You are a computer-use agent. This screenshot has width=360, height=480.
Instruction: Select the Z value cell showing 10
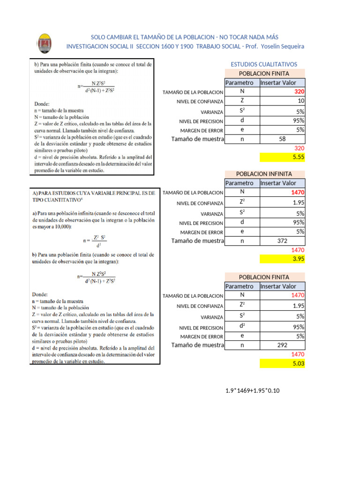click(x=300, y=101)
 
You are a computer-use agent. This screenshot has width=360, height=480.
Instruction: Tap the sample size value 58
click(x=282, y=139)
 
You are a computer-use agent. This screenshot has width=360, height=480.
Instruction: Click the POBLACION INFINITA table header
click(x=264, y=174)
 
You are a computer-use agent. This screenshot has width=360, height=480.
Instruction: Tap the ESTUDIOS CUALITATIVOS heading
click(x=264, y=64)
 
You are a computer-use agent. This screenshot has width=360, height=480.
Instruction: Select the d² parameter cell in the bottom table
click(x=242, y=326)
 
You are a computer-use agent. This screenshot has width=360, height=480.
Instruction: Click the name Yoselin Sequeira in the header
click(x=283, y=46)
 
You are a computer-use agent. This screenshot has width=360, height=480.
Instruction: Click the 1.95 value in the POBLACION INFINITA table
click(x=298, y=202)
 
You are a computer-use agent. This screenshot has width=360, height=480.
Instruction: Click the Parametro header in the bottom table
click(x=239, y=286)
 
